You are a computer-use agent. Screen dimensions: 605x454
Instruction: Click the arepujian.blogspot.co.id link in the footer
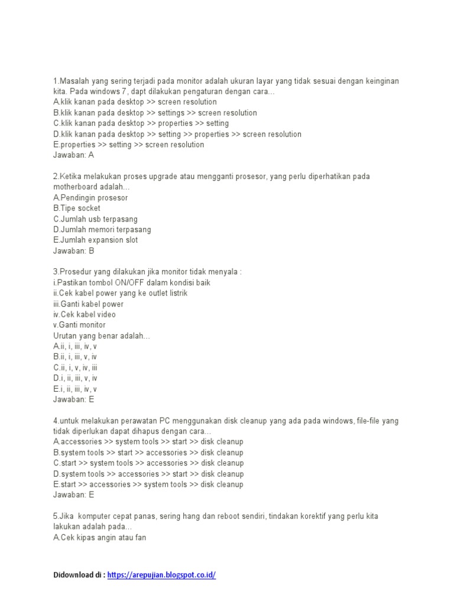tap(161, 575)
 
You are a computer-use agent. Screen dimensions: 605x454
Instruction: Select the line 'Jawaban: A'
tap(73, 155)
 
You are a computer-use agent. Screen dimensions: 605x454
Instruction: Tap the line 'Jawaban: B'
tap(73, 251)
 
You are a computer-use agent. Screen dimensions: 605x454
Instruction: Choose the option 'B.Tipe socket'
tap(77, 209)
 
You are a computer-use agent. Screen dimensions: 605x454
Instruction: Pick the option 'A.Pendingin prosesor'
tap(90, 198)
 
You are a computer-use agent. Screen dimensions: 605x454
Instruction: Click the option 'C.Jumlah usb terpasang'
tap(95, 219)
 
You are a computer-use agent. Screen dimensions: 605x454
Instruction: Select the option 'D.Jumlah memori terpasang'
tap(102, 230)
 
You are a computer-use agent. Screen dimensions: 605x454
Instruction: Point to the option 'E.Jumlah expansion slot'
tap(96, 240)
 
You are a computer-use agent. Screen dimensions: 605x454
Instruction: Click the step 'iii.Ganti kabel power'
tap(88, 304)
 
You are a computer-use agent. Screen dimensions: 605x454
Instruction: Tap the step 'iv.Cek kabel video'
tap(85, 315)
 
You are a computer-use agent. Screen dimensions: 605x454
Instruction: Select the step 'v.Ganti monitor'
tap(80, 326)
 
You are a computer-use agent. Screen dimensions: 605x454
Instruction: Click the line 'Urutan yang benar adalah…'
tap(102, 336)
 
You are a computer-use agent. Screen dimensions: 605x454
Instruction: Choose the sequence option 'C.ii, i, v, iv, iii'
tap(75, 368)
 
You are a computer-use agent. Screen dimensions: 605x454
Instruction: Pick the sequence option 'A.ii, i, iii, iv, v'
tap(75, 347)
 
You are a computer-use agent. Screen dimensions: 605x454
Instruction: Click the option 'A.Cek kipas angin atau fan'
tap(99, 538)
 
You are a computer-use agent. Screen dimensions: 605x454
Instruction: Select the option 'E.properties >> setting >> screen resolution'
tap(128, 145)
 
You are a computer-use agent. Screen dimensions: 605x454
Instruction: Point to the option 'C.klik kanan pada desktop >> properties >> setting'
tap(141, 123)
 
